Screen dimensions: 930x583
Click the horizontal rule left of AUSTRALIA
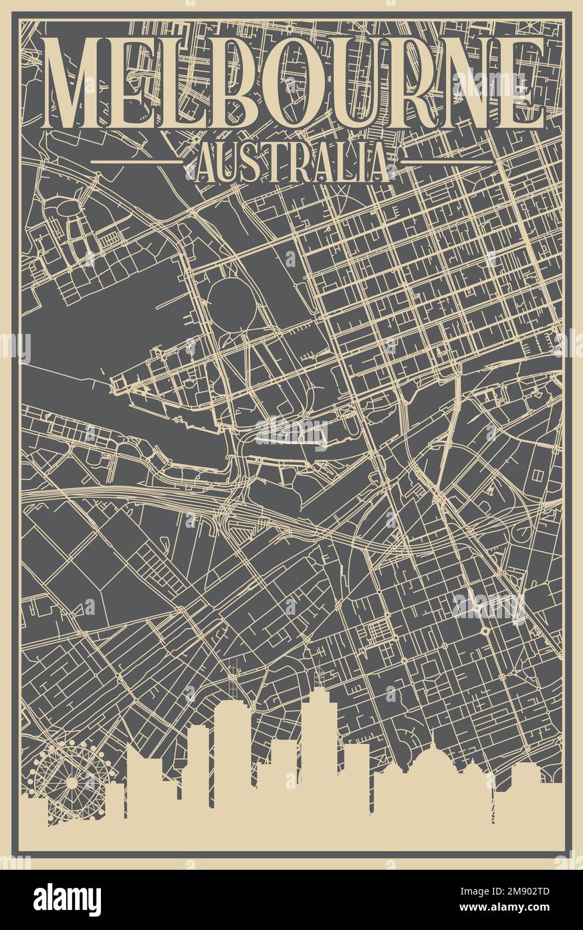pos(136,162)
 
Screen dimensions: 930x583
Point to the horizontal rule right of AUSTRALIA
pos(447,162)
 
